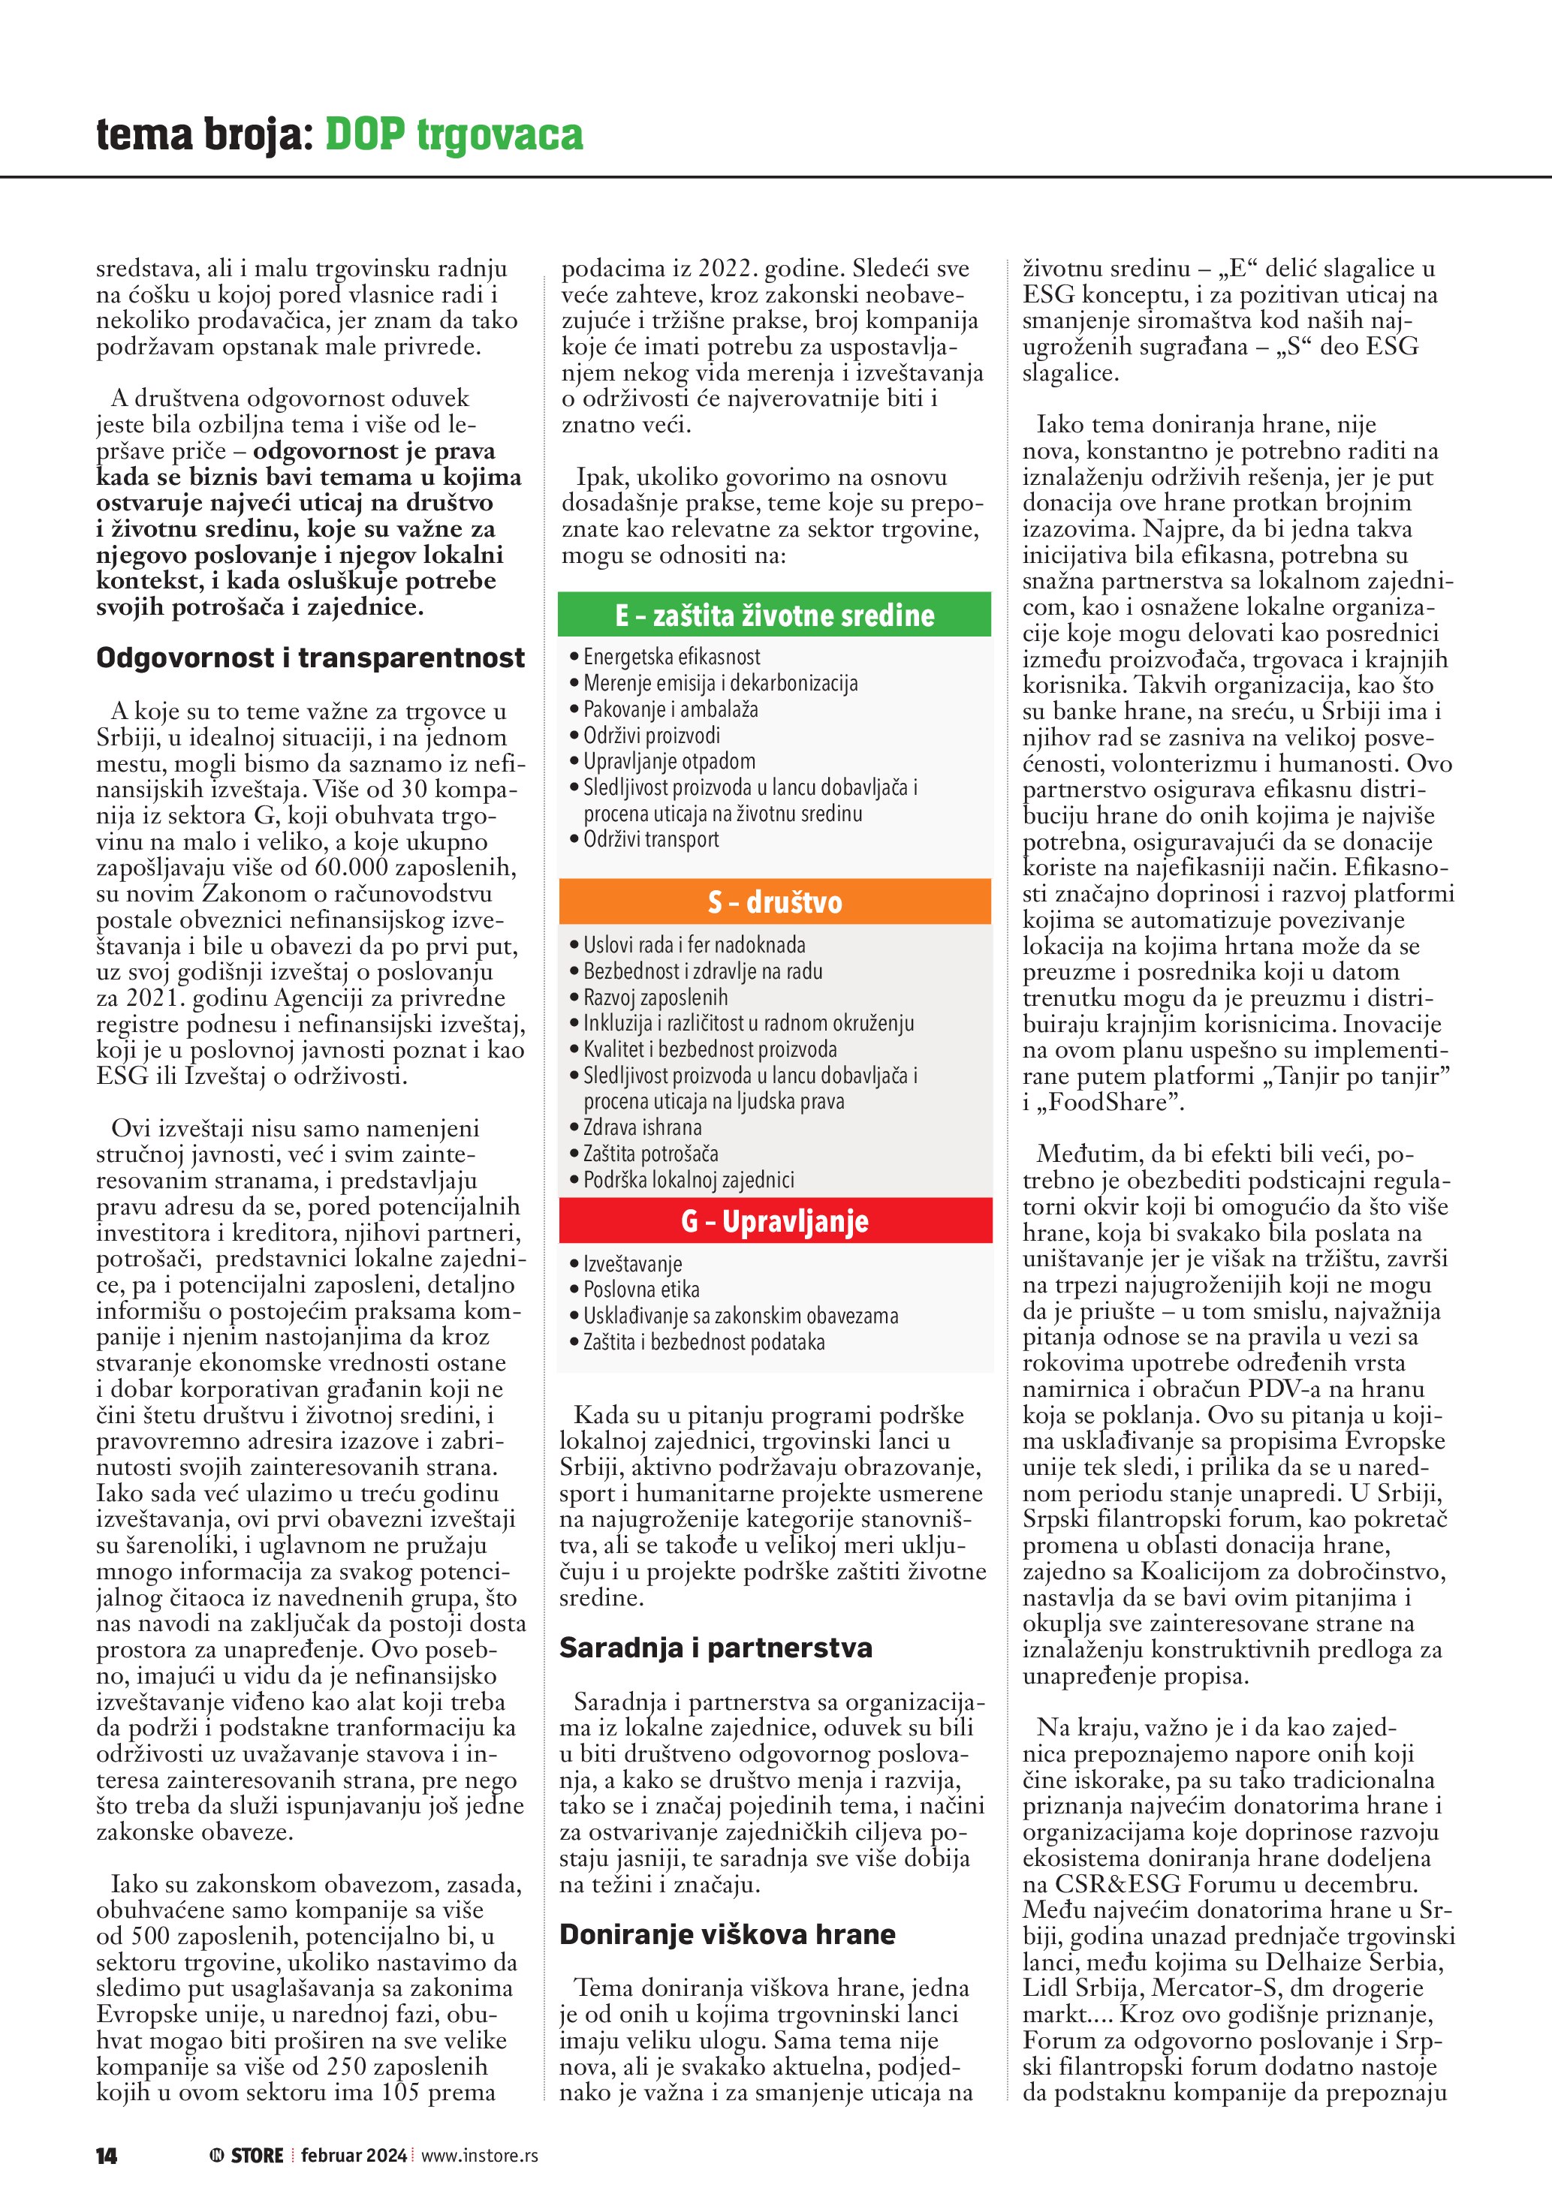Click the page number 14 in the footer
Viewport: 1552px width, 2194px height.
106,2156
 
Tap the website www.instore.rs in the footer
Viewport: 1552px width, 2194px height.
479,2155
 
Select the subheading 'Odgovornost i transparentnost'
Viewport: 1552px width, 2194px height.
311,658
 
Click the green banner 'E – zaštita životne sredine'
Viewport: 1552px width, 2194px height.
774,615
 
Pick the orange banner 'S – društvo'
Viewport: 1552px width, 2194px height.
774,902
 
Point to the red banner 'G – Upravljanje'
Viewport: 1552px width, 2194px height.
774,1221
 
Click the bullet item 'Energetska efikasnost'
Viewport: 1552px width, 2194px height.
672,657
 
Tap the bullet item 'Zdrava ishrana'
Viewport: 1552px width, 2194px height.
642,1127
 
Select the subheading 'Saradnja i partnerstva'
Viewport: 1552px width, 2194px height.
716,1648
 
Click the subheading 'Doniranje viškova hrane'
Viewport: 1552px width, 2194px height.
728,1934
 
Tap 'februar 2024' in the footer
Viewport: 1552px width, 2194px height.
354,2155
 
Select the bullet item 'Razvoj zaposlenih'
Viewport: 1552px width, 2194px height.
655,997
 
